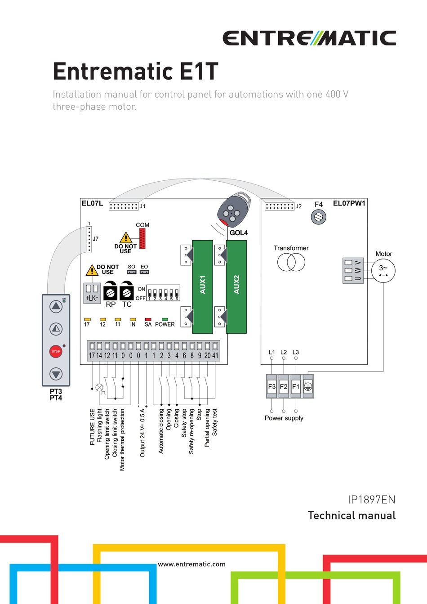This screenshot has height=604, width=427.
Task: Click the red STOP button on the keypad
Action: click(56, 351)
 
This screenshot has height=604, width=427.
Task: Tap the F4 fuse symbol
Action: click(318, 217)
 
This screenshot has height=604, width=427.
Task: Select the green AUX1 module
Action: click(202, 286)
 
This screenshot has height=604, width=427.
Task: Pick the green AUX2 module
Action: click(236, 286)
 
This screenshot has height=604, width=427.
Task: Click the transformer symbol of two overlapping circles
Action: click(291, 262)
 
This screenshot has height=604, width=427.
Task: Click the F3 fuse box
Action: click(272, 386)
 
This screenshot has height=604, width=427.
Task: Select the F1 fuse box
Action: click(296, 386)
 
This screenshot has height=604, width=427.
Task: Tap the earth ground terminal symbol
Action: click(308, 386)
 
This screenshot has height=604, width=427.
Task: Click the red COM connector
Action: click(142, 238)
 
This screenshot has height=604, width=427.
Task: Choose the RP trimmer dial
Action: click(111, 292)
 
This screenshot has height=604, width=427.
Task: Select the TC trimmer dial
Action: click(127, 292)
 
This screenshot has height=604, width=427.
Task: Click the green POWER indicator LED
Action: click(165, 319)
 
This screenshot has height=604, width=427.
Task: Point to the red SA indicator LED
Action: click(148, 319)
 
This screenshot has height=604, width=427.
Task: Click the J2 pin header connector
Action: click(279, 206)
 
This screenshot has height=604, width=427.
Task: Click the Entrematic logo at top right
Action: click(309, 38)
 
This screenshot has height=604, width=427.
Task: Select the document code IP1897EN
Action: click(371, 500)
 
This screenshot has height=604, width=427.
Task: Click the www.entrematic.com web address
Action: click(192, 564)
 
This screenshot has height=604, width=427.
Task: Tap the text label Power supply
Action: click(284, 418)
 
